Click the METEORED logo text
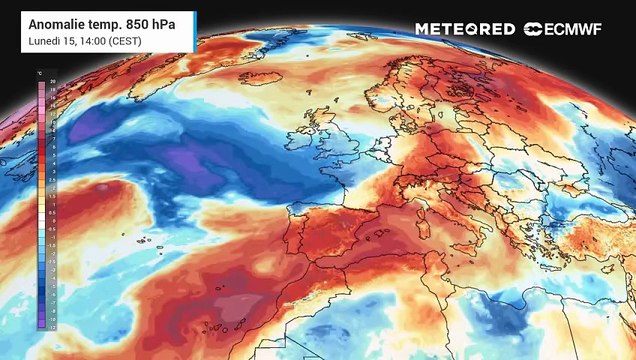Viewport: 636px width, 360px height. [465, 29]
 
